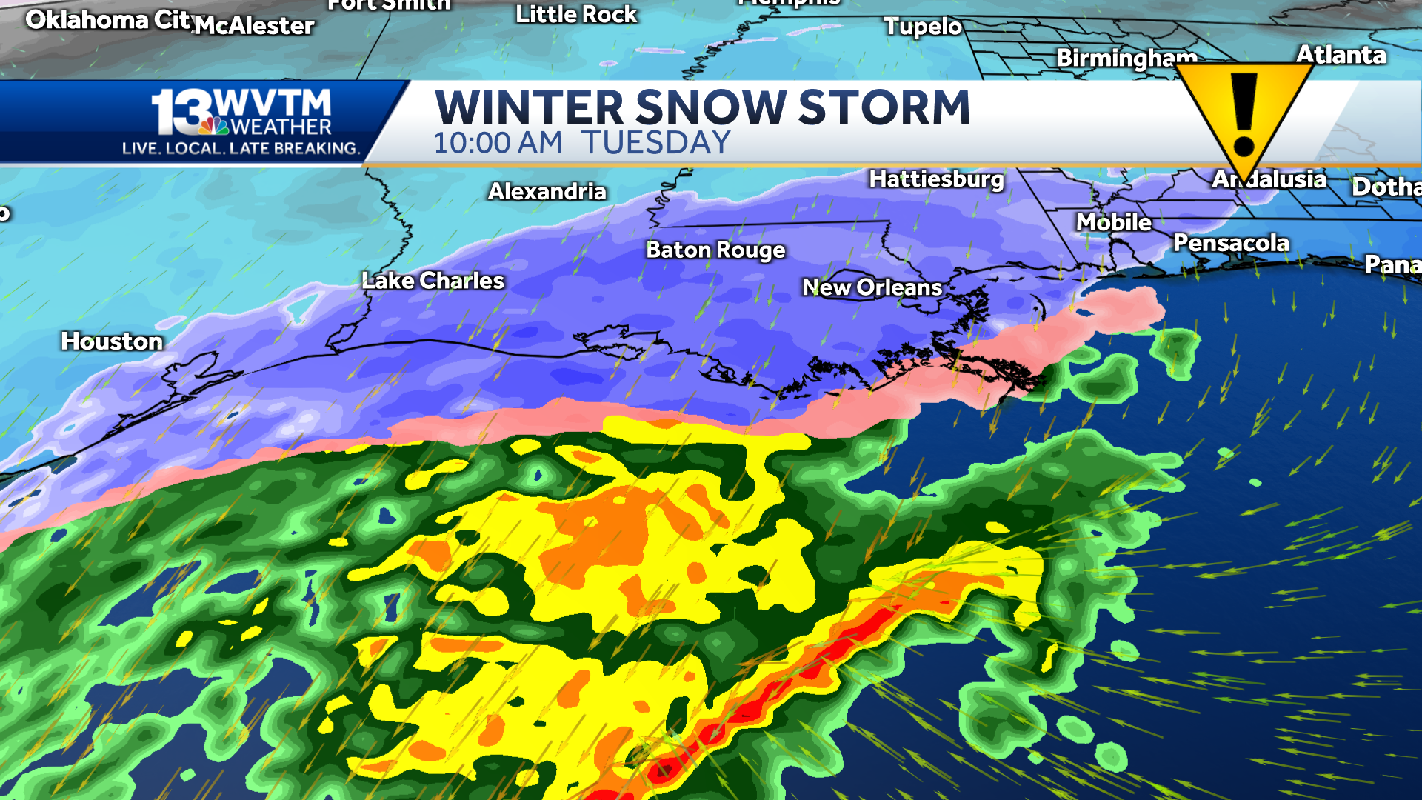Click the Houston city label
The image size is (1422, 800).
pos(112,341)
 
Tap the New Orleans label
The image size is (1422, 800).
pos(872,287)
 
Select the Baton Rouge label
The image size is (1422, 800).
pos(715,250)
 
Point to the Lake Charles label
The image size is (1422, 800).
pos(433,281)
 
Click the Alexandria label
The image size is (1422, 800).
pos(547,192)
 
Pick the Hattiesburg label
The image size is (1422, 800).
pos(936,179)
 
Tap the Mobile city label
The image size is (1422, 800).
pos(1113,222)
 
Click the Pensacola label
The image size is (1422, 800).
pos(1231,243)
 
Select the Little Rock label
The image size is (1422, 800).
pos(576,15)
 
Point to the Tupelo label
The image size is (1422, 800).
pos(923,27)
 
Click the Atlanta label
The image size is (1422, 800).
pos(1341,55)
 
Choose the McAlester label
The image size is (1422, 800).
pos(255,27)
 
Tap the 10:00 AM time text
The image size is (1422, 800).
pos(498,143)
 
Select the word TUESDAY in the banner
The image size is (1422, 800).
pos(655,143)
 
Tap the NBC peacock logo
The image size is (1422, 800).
pos(213,126)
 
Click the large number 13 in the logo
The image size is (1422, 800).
pos(179,113)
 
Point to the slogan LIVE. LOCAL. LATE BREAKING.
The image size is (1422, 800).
pos(241,148)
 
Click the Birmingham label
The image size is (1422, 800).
pos(1126,58)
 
